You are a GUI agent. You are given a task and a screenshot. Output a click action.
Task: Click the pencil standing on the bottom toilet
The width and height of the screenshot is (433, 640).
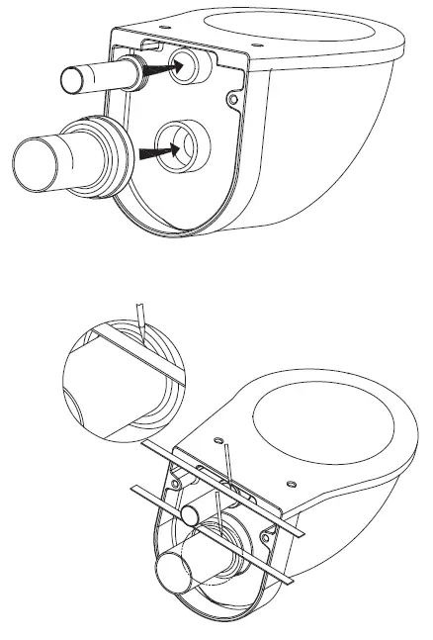pos(228,465)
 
